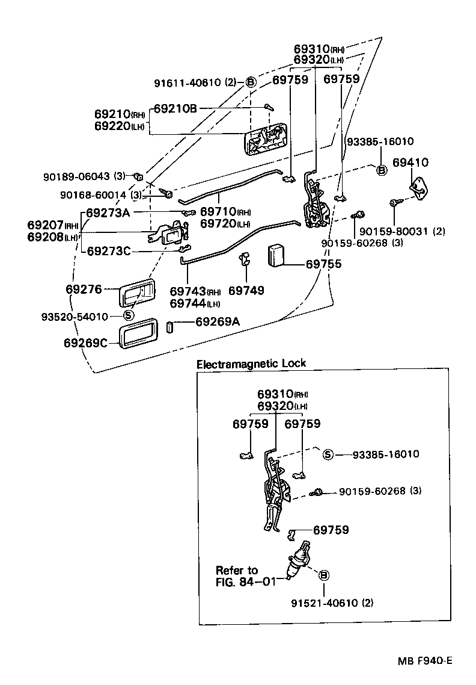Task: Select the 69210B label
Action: (175, 108)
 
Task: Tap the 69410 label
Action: (410, 163)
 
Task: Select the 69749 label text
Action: (246, 290)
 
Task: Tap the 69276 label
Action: (84, 289)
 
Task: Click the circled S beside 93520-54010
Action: (128, 316)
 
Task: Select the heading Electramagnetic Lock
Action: (251, 363)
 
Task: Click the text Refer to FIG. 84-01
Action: (237, 575)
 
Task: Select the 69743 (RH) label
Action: (195, 291)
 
